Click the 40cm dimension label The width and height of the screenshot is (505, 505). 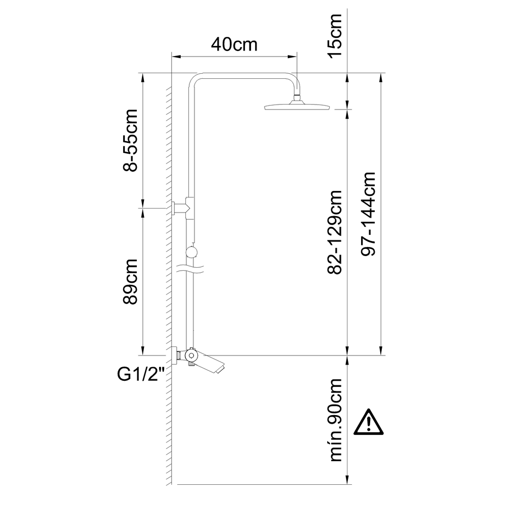[234, 45]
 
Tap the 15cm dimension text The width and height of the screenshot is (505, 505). [335, 36]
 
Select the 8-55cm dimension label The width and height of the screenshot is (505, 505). [131, 140]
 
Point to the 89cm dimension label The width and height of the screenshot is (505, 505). [130, 281]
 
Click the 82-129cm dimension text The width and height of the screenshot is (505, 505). [335, 232]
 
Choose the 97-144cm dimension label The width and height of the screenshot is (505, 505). [369, 214]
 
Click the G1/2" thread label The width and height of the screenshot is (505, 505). [141, 375]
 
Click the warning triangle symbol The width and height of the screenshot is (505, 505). [369, 422]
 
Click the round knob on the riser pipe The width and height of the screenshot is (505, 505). [192, 252]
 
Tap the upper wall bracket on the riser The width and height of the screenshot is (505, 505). [182, 208]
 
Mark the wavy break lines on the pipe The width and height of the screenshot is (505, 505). [190, 269]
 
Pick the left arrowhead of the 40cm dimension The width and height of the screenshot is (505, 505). [176, 57]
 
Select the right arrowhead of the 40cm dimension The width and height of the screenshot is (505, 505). [292, 57]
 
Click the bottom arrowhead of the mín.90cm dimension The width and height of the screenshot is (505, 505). [347, 479]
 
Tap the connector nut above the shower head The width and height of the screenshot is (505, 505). [297, 96]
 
